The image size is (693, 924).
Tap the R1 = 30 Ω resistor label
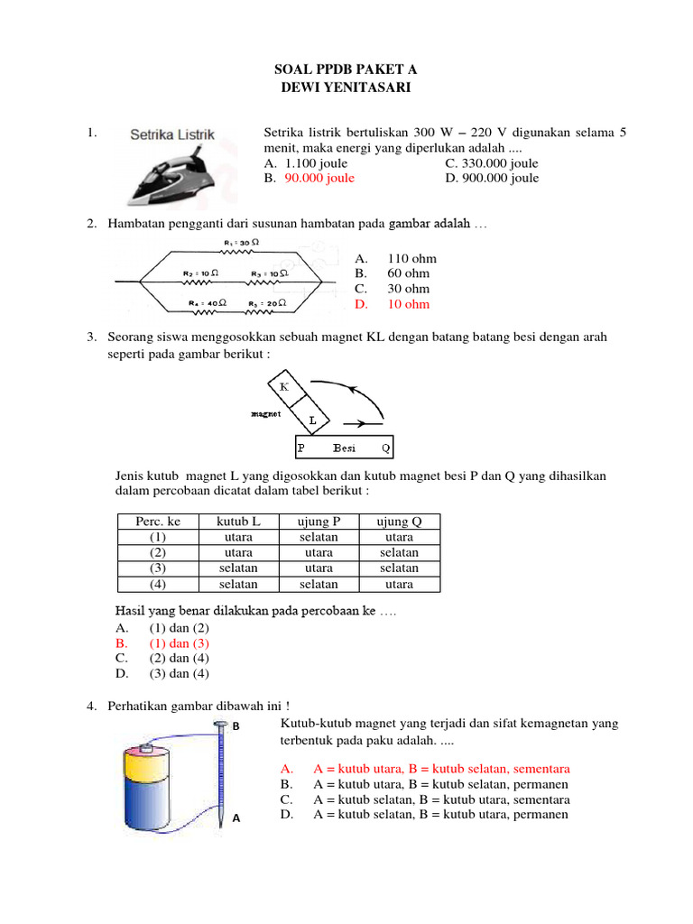[x=242, y=243]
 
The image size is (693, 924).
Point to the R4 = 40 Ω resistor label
[x=208, y=302]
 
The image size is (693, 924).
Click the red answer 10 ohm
[x=408, y=304]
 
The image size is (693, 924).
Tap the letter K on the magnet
[x=284, y=386]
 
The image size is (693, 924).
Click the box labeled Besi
[x=344, y=448]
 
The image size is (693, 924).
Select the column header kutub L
[x=238, y=522]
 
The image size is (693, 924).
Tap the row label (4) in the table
[x=158, y=584]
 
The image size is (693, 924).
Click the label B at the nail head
[x=236, y=725]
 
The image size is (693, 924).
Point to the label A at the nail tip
[x=236, y=818]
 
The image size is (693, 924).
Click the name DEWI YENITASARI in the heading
[x=346, y=87]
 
